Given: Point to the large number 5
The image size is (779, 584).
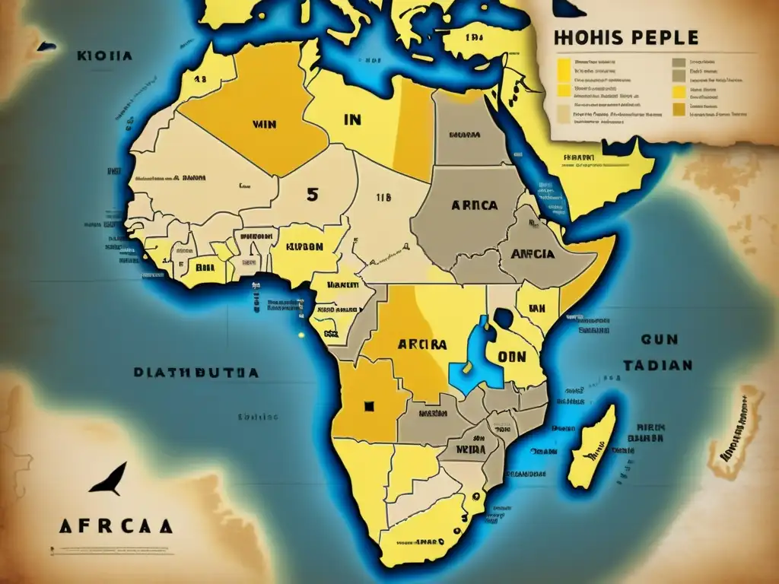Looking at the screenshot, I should pos(312,193).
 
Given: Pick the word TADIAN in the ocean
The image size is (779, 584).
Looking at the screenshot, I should pos(658,365).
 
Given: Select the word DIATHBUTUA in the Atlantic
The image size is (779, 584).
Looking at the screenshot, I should pos(196,373).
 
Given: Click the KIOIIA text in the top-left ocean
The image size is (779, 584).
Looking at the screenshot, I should pos(105,56).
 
